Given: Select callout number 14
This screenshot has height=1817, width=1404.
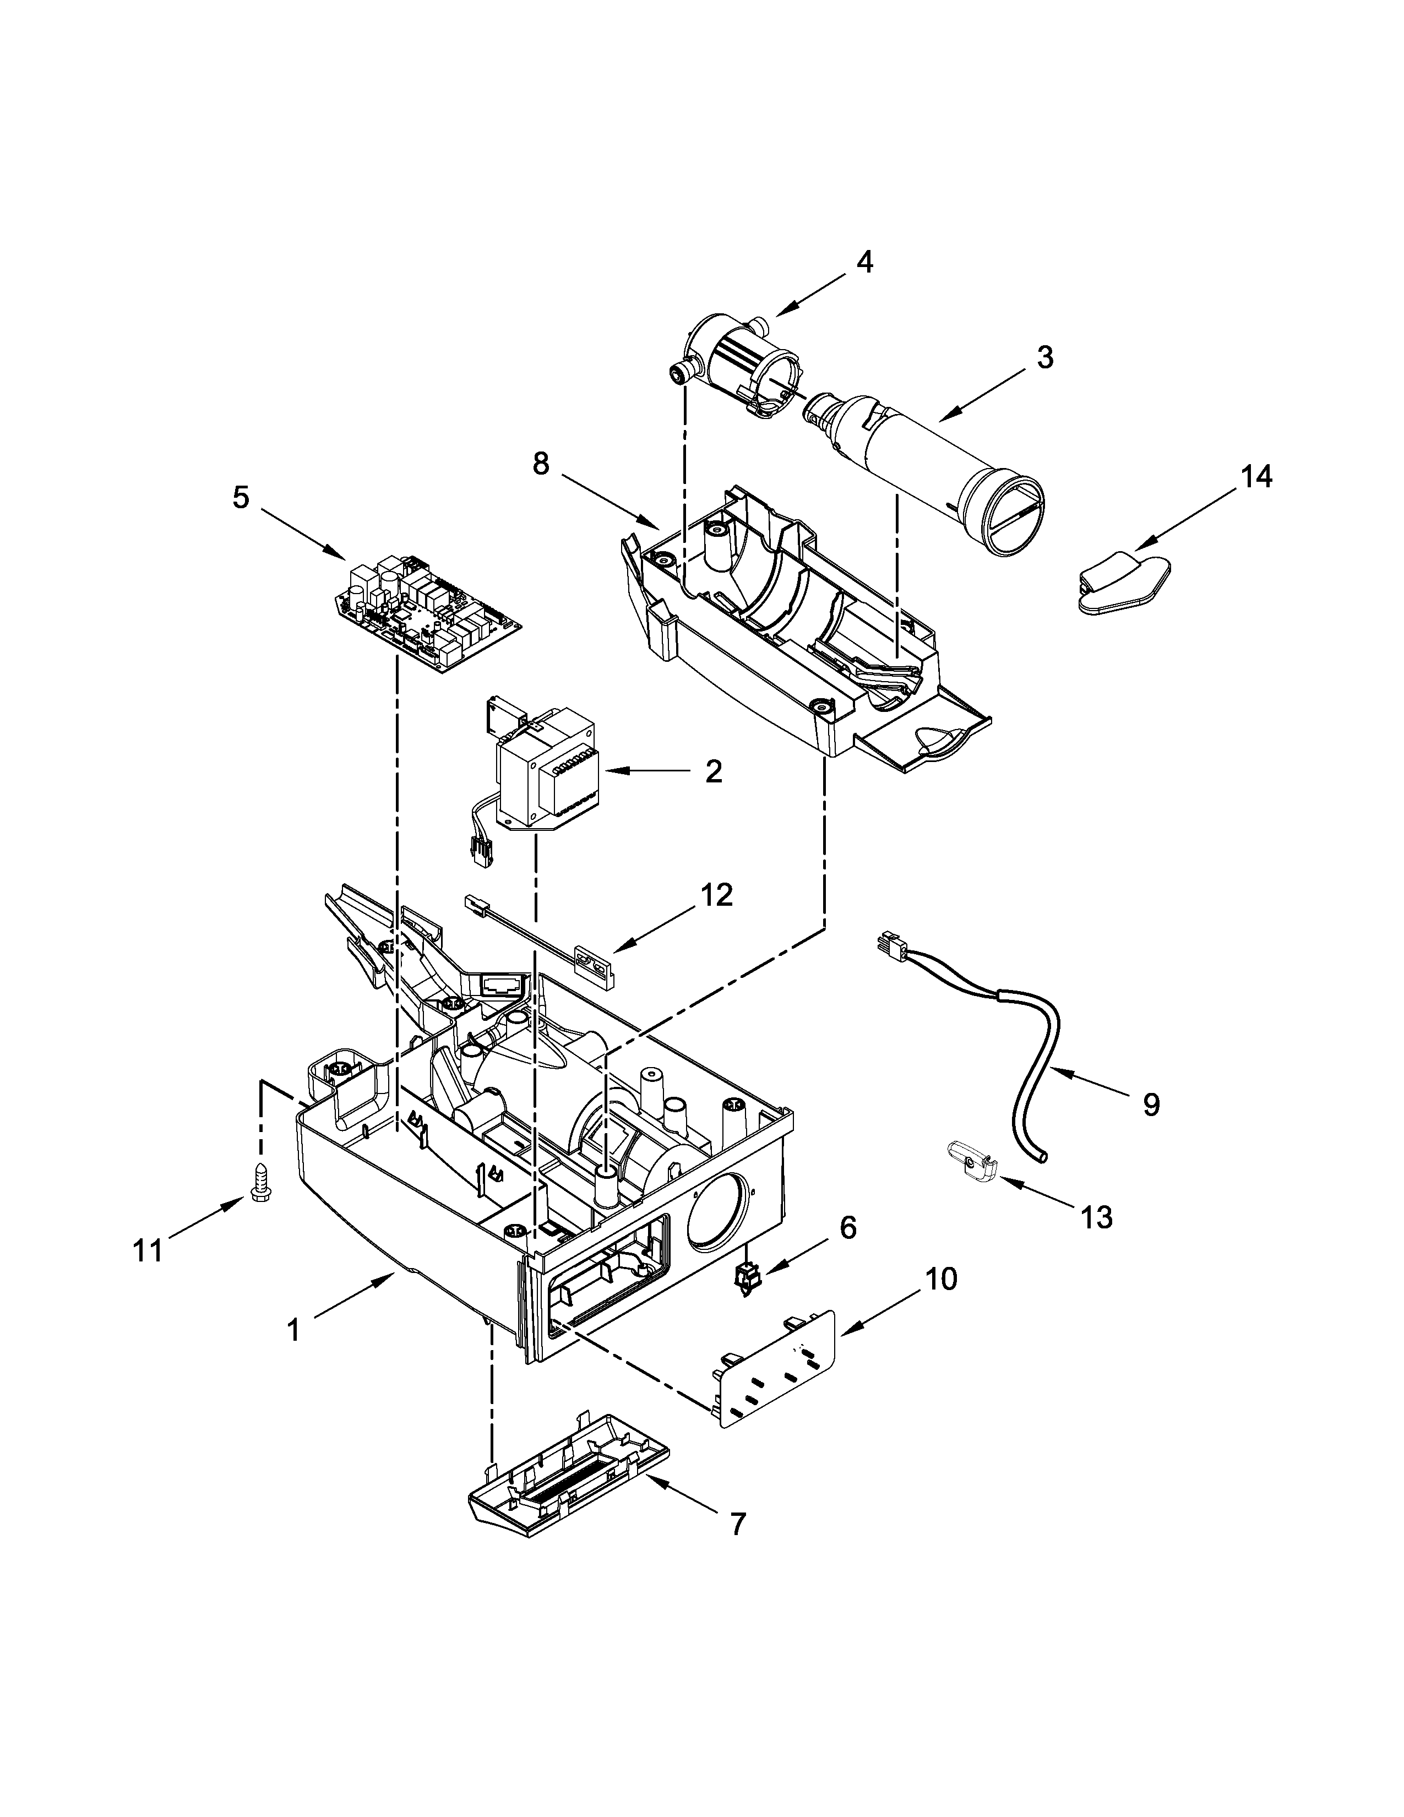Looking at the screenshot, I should (1257, 477).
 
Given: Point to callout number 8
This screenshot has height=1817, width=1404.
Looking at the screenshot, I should (541, 464).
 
